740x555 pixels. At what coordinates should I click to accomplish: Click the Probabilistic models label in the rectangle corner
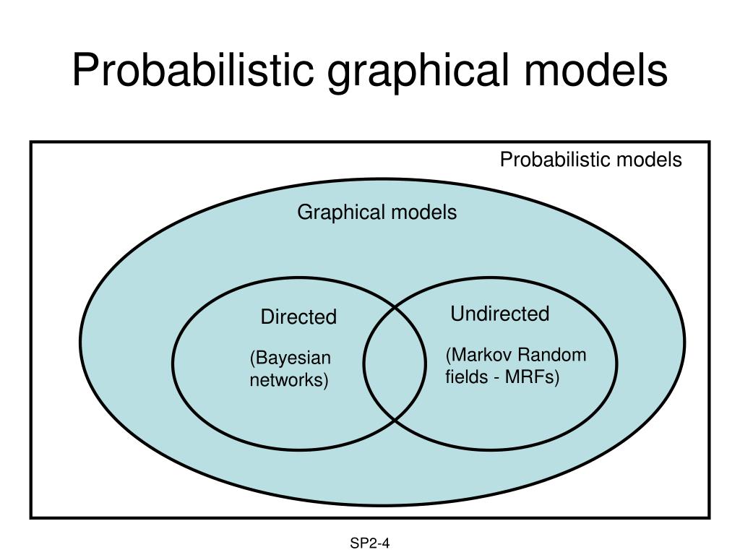[x=591, y=160]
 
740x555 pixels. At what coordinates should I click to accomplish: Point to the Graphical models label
[x=377, y=212]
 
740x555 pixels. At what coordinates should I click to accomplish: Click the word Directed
[x=298, y=317]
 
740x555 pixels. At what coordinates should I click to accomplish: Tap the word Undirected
[x=500, y=314]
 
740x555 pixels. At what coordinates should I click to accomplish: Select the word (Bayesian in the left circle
[x=291, y=358]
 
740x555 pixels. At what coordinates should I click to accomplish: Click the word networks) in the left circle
[x=289, y=380]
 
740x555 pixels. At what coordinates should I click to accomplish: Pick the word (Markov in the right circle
[x=478, y=355]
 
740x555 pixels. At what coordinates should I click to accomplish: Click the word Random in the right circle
[x=551, y=355]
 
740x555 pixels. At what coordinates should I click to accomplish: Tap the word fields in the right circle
[x=467, y=377]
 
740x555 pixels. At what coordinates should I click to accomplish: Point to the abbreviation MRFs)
[x=533, y=377]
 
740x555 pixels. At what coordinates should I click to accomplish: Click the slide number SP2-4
[x=370, y=543]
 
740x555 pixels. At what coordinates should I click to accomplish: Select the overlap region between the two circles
[x=395, y=363]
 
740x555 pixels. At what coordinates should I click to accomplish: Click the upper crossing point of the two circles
[x=395, y=307]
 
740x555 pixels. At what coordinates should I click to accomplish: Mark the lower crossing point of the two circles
[x=395, y=420]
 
